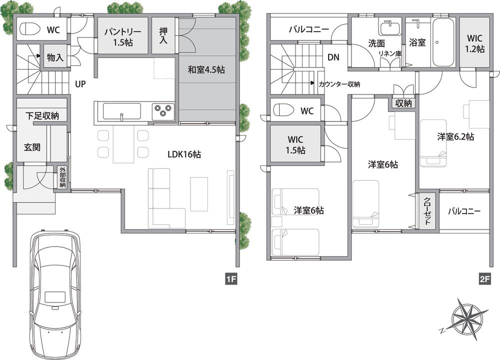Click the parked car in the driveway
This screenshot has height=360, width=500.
pyautogui.click(x=54, y=295)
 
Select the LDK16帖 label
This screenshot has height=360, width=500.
pyautogui.click(x=184, y=155)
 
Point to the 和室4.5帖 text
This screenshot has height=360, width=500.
pyautogui.click(x=206, y=70)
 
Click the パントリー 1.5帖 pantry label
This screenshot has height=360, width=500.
pyautogui.click(x=122, y=36)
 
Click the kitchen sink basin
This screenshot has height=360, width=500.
pyautogui.click(x=121, y=110)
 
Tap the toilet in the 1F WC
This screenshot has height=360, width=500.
pyautogui.click(x=30, y=30)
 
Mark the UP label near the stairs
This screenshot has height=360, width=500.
pyautogui.click(x=80, y=84)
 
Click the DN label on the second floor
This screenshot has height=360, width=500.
pyautogui.click(x=333, y=57)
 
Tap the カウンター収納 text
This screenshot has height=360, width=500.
pyautogui.click(x=339, y=84)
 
